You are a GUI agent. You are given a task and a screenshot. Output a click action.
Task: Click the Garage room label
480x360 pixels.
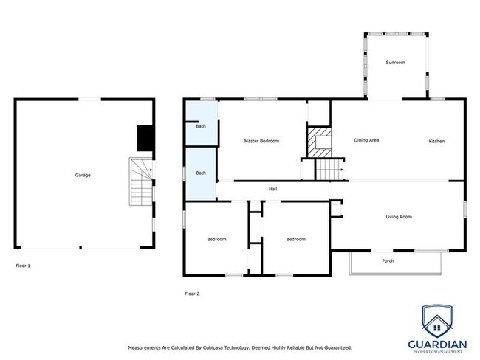point(83,176)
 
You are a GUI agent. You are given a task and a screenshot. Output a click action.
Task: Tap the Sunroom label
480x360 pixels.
point(395,63)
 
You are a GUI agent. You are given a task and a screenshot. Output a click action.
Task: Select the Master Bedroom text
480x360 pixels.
point(261,141)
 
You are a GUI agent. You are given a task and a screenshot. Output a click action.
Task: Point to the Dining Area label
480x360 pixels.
point(366,140)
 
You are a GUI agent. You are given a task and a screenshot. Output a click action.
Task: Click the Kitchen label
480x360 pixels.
point(436,141)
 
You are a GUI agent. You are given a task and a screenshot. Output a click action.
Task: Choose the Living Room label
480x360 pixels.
point(399,217)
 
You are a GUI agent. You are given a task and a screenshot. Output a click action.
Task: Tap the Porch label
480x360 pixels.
point(388,261)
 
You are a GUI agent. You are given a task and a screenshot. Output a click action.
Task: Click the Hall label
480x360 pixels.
point(272,189)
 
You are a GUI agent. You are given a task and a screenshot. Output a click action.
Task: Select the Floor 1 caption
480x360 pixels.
point(23,266)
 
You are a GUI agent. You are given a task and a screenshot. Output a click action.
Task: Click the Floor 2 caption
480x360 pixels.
point(192,294)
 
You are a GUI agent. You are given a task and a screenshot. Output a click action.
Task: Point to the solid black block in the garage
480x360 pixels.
point(145,138)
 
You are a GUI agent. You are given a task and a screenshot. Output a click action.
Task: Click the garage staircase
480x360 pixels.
point(141,181)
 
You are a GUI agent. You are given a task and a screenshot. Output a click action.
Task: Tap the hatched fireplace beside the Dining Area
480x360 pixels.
point(319,142)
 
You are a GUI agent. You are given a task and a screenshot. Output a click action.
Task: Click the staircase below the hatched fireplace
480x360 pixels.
point(329,170)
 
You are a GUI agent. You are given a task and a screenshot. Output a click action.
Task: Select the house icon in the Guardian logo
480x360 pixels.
point(437,326)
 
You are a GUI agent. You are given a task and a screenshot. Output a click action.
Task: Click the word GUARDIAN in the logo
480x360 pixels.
point(437,345)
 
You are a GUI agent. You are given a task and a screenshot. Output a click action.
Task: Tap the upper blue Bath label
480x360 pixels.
point(201,126)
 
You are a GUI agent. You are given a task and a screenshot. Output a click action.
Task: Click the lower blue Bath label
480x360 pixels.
point(201,173)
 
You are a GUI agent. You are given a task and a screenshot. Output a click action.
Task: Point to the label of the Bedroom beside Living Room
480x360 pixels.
point(295,239)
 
